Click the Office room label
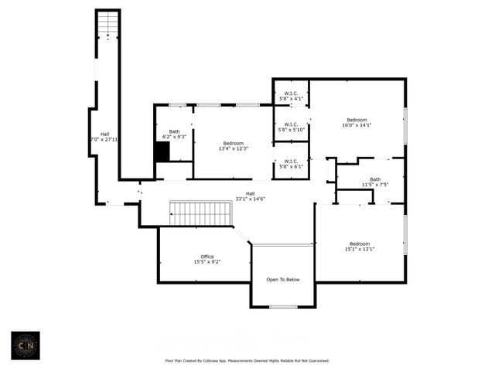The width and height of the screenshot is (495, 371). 207,257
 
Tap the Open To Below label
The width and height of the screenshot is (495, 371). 283,279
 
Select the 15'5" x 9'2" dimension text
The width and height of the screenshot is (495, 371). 207,262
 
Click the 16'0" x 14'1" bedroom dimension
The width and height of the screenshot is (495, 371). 357,125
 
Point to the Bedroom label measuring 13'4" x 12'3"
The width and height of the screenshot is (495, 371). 234,143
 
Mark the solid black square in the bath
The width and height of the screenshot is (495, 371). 162,152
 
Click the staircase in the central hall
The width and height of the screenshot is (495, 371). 201,213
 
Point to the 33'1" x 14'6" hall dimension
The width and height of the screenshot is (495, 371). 251,199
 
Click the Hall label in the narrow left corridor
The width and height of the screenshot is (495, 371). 104,134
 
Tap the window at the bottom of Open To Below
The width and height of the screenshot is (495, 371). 283,307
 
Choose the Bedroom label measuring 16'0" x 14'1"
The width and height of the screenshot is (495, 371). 357,119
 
